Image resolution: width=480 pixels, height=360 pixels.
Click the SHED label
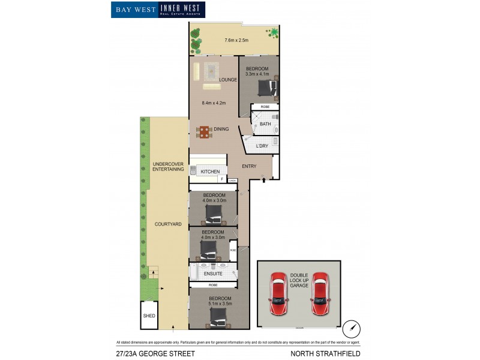pyautogui.click(x=149, y=316)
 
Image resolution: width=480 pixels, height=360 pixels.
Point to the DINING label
pyautogui.click(x=221, y=128)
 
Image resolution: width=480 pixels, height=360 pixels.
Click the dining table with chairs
pyautogui.click(x=205, y=132)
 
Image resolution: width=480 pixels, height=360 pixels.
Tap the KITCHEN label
pyautogui.click(x=210, y=172)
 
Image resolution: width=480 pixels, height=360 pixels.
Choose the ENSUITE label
pyautogui.click(x=213, y=274)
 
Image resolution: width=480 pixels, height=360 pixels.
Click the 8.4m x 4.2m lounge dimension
pyautogui.click(x=213, y=103)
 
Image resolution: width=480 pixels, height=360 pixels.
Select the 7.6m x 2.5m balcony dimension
pyautogui.click(x=236, y=40)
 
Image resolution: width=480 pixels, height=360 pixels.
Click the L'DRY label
pyautogui.click(x=262, y=146)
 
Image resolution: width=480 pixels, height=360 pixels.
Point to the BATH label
pyautogui.click(x=265, y=124)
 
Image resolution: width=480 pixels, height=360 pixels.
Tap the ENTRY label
pyautogui.click(x=249, y=166)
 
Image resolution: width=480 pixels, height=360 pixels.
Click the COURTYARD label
pyautogui.click(x=168, y=224)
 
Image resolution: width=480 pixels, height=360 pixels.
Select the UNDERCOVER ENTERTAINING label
pyautogui.click(x=168, y=167)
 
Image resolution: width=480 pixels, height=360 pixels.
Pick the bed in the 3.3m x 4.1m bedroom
pyautogui.click(x=266, y=88)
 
